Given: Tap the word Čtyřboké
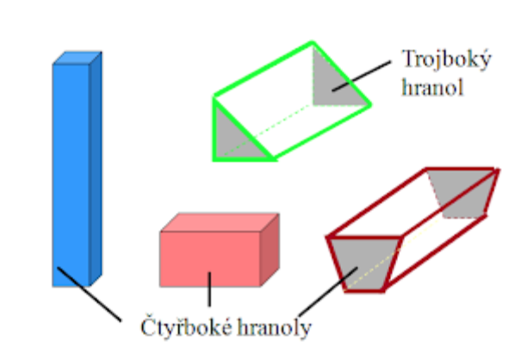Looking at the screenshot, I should pyautogui.click(x=180, y=328).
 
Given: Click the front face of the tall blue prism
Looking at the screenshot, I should pyautogui.click(x=71, y=172).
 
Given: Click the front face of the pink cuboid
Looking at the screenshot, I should pyautogui.click(x=209, y=258).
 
